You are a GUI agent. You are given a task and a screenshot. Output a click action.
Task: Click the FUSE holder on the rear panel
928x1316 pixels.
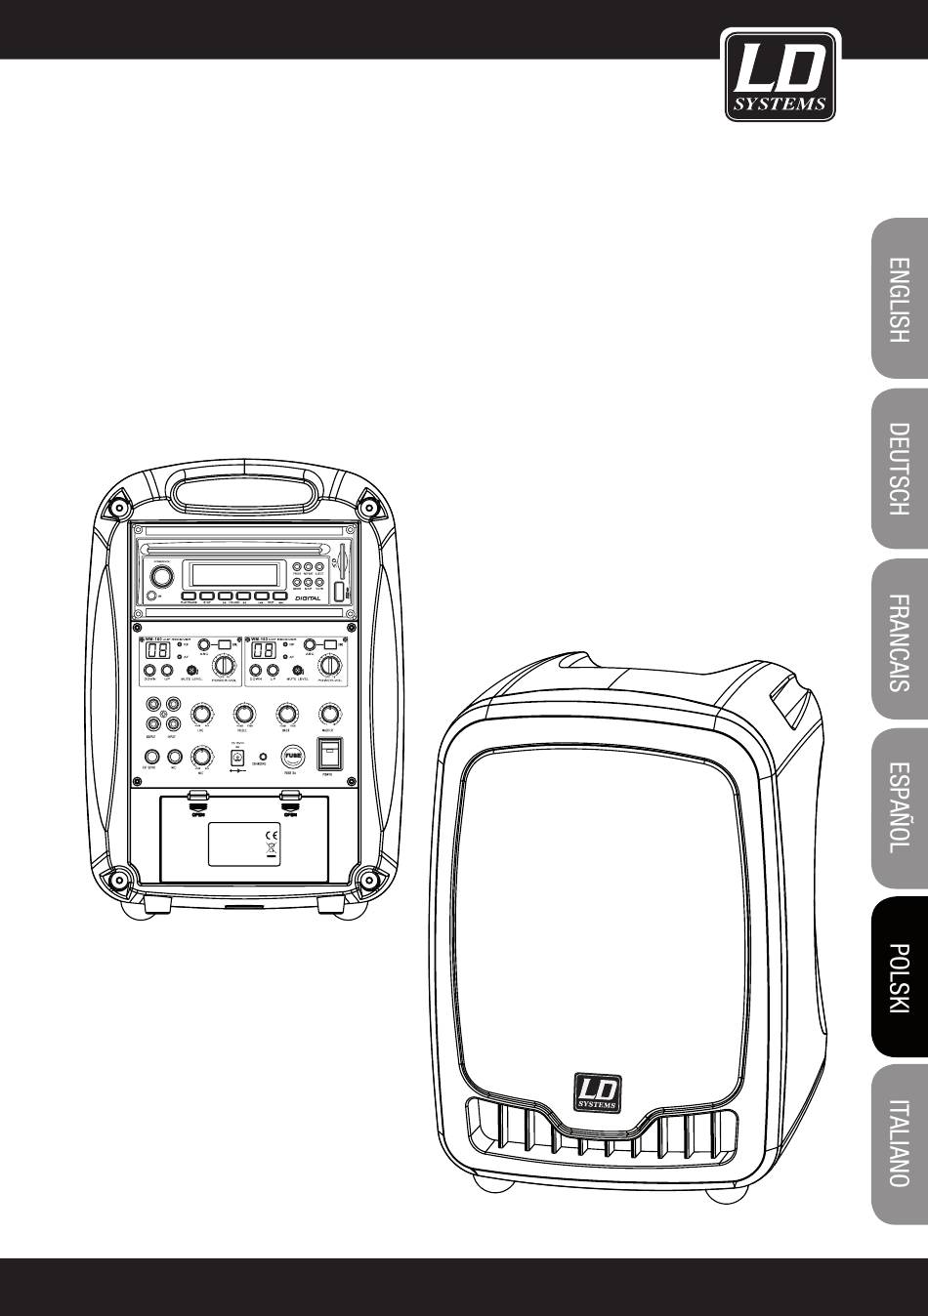coord(292,754)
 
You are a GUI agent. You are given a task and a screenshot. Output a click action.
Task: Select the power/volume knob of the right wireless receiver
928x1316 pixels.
coord(330,665)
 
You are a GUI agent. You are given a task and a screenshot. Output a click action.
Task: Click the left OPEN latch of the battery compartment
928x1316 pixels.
coord(197,803)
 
